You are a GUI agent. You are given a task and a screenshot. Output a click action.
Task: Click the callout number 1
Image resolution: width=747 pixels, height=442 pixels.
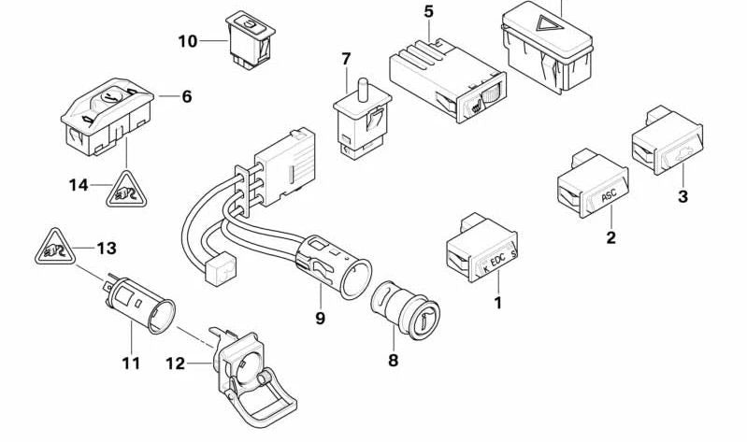498,303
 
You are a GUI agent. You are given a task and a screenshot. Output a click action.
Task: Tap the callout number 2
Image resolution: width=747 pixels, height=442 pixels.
611,237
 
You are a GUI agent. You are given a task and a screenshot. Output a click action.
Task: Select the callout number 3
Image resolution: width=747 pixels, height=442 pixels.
682,196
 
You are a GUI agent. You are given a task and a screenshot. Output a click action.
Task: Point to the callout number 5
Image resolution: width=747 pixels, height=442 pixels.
429,12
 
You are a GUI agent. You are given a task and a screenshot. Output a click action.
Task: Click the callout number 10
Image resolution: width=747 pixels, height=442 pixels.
187,41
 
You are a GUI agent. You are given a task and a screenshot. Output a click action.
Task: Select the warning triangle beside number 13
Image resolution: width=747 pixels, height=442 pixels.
53,250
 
